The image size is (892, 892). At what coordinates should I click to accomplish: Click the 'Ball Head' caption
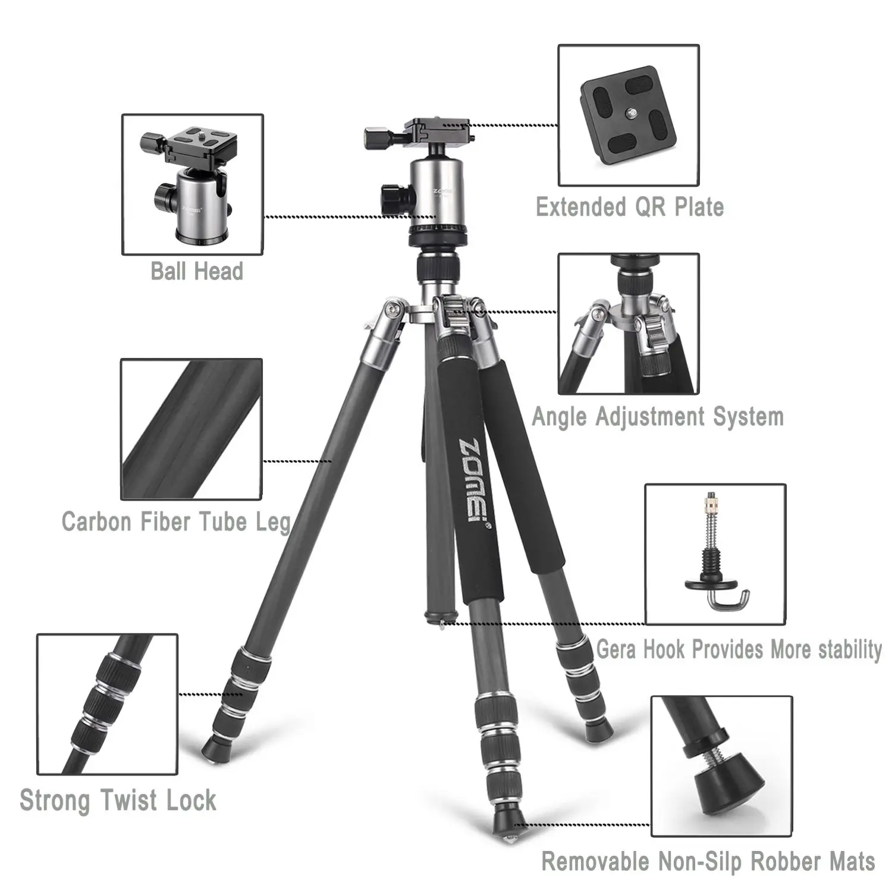[197, 271]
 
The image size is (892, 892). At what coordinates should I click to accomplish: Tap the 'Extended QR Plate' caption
[630, 207]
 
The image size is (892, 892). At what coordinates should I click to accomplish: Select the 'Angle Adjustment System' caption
[658, 416]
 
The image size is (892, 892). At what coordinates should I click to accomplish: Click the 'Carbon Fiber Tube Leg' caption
[176, 522]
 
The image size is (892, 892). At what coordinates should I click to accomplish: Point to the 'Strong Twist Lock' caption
[118, 800]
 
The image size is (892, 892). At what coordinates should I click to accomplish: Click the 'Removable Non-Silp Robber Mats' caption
[708, 861]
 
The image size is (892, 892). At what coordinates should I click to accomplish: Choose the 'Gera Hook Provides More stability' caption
[739, 649]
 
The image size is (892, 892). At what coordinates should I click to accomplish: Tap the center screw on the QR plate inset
[628, 112]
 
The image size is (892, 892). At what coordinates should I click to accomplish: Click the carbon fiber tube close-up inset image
[191, 429]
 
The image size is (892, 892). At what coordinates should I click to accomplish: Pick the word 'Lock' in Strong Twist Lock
[191, 800]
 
